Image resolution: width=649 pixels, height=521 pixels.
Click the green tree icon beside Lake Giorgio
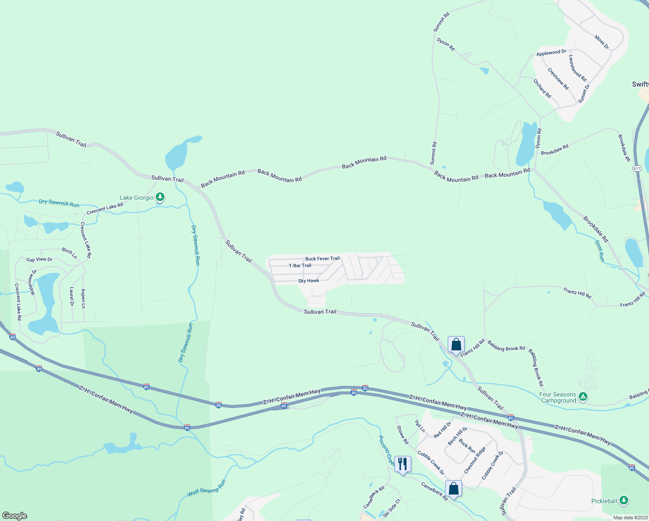click(x=160, y=198)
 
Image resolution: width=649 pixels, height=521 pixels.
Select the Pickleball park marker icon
click(x=624, y=501)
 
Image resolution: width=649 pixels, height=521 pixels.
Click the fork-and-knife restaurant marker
click(x=403, y=464)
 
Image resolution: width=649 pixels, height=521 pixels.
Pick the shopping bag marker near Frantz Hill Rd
click(x=456, y=345)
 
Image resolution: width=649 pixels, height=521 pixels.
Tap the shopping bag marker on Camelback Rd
click(x=453, y=488)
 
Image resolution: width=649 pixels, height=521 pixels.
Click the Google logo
click(x=15, y=516)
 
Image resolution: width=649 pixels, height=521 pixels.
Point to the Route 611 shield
click(x=637, y=168)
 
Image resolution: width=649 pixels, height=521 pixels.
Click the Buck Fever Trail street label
click(x=322, y=259)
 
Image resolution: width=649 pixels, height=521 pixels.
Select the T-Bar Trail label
click(x=300, y=266)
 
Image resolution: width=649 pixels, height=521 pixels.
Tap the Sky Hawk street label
click(x=308, y=281)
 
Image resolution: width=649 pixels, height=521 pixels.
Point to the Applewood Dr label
click(x=551, y=53)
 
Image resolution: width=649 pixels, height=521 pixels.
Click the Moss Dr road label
click(x=602, y=42)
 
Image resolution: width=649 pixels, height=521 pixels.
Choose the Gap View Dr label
click(x=39, y=260)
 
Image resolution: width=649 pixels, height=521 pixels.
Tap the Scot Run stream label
click(x=600, y=251)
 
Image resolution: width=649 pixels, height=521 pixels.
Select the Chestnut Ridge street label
click(x=475, y=460)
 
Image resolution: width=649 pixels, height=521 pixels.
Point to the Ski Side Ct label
click(x=391, y=508)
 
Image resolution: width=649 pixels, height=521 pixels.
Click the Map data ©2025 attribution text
click(x=630, y=518)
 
